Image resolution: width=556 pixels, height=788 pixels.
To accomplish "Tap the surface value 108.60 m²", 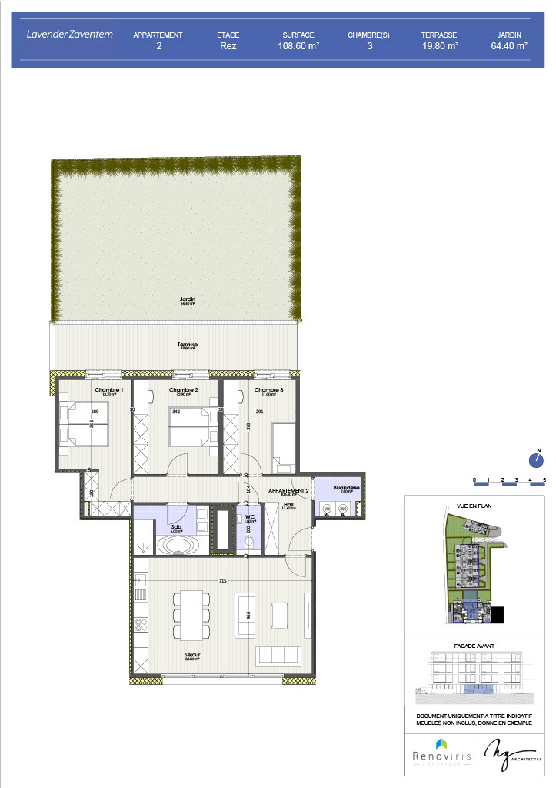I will pyautogui.click(x=298, y=46).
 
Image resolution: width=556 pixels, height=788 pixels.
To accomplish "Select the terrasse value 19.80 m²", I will pyautogui.click(x=440, y=46).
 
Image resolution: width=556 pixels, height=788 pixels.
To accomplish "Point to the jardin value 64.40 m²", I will pyautogui.click(x=508, y=46).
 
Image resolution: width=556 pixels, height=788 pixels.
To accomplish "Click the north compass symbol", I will pyautogui.click(x=537, y=459).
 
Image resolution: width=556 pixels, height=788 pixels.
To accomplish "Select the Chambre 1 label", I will pyautogui.click(x=109, y=391).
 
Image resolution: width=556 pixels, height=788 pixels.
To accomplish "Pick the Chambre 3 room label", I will pyautogui.click(x=268, y=391).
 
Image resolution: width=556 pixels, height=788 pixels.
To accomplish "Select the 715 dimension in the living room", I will pyautogui.click(x=222, y=579).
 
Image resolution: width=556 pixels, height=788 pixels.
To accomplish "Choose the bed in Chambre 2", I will pyautogui.click(x=189, y=427).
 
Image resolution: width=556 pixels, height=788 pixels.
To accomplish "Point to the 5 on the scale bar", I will pyautogui.click(x=544, y=479).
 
